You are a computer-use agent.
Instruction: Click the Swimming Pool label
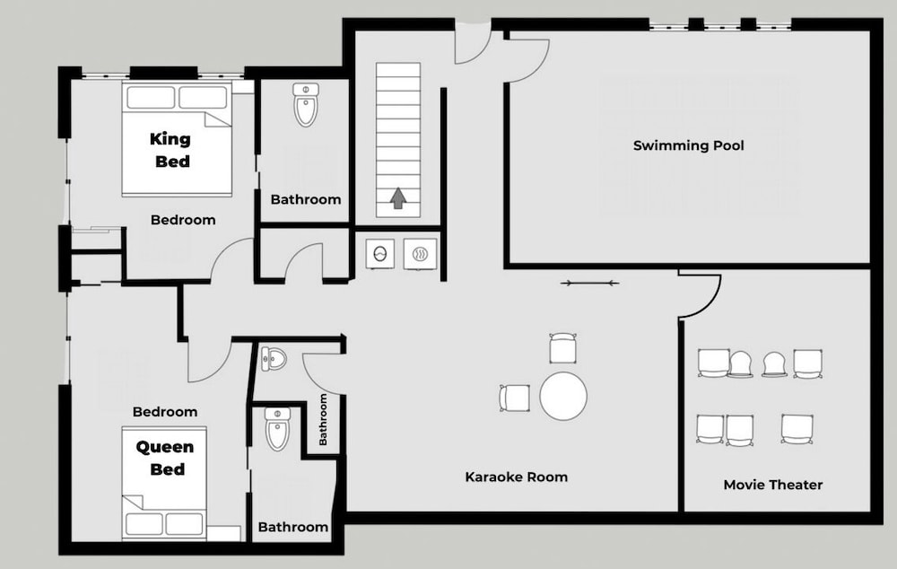click(x=688, y=145)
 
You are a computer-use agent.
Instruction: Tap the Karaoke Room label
click(x=516, y=477)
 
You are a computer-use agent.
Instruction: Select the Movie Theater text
click(x=773, y=485)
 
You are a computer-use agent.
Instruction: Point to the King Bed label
click(x=170, y=150)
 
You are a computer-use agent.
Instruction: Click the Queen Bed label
click(x=165, y=458)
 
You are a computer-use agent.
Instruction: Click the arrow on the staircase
click(x=398, y=198)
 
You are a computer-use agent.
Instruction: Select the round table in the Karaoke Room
click(x=563, y=396)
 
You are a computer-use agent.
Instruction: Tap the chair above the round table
click(x=562, y=348)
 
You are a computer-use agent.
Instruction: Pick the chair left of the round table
click(x=514, y=398)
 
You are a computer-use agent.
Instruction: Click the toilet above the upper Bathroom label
click(x=306, y=105)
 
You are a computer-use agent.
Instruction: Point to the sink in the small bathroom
click(x=273, y=359)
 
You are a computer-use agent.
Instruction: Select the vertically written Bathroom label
click(x=323, y=420)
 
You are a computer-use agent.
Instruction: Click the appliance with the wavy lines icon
click(x=421, y=254)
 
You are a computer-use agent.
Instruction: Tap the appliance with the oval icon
click(x=379, y=253)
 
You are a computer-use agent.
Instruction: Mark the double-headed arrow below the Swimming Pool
click(x=589, y=283)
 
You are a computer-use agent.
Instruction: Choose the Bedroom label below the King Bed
click(x=183, y=220)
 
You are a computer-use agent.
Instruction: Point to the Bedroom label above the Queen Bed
click(x=165, y=412)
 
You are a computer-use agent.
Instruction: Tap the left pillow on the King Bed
click(x=151, y=97)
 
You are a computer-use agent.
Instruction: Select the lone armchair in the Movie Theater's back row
click(x=797, y=429)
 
